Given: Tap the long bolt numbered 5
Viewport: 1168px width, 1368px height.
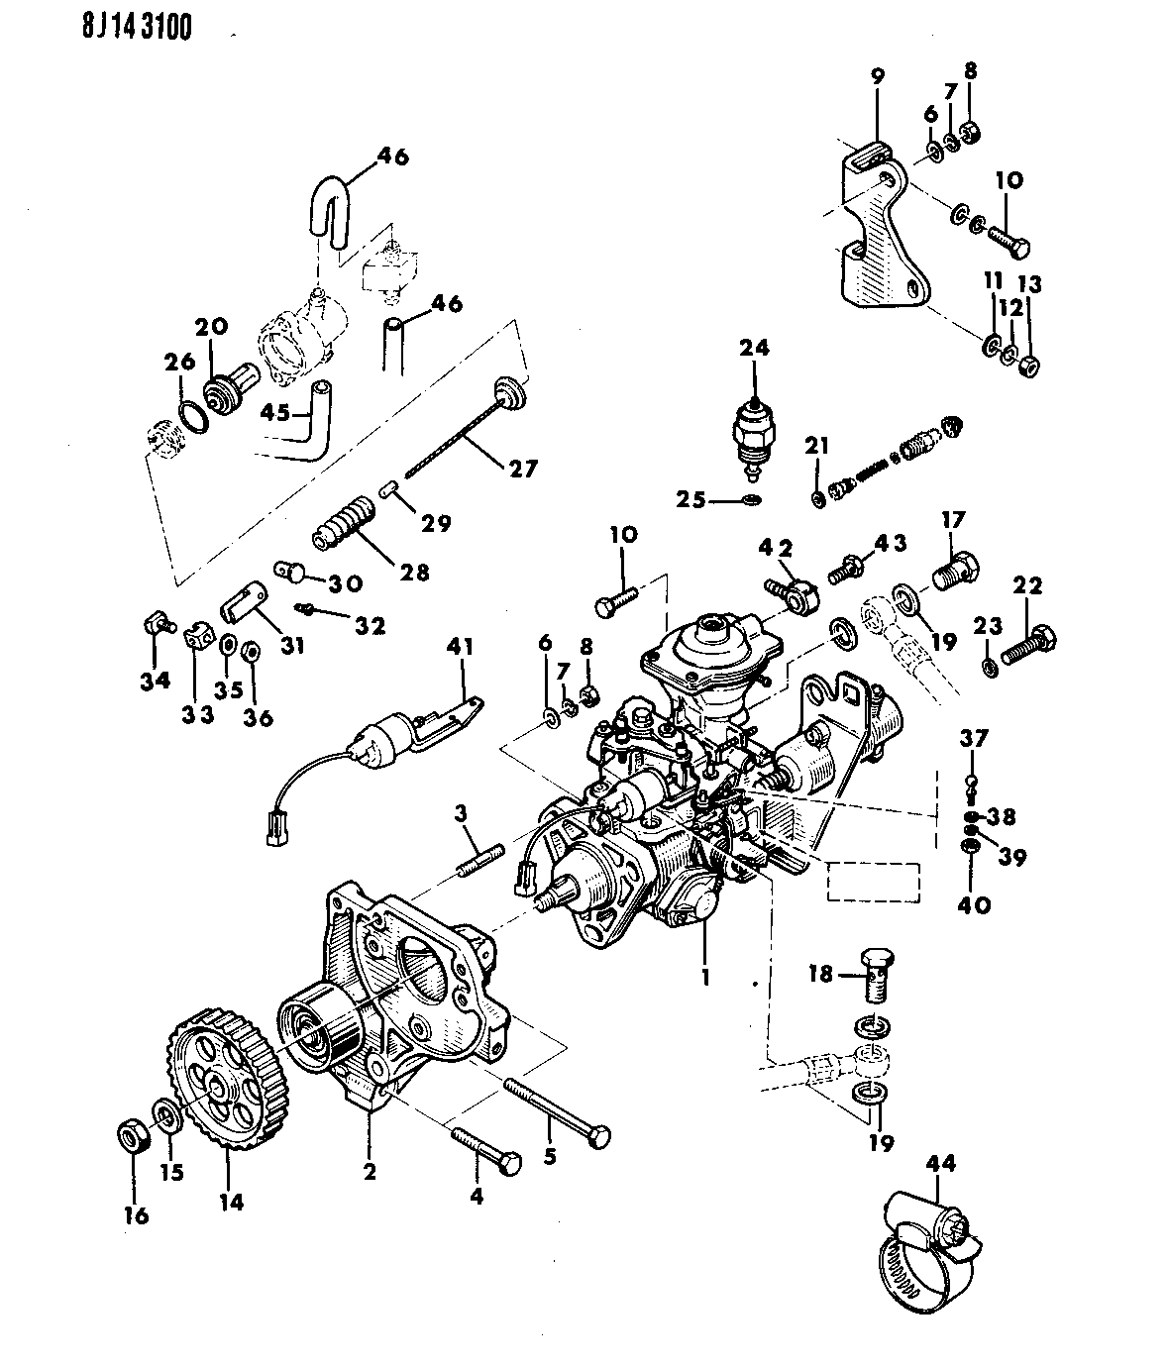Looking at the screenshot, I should [557, 1111].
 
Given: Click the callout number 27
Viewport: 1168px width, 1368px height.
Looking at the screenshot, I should [522, 469].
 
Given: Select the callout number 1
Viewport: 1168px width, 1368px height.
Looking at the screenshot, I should [705, 976].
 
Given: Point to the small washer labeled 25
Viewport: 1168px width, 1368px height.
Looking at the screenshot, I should [752, 500].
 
